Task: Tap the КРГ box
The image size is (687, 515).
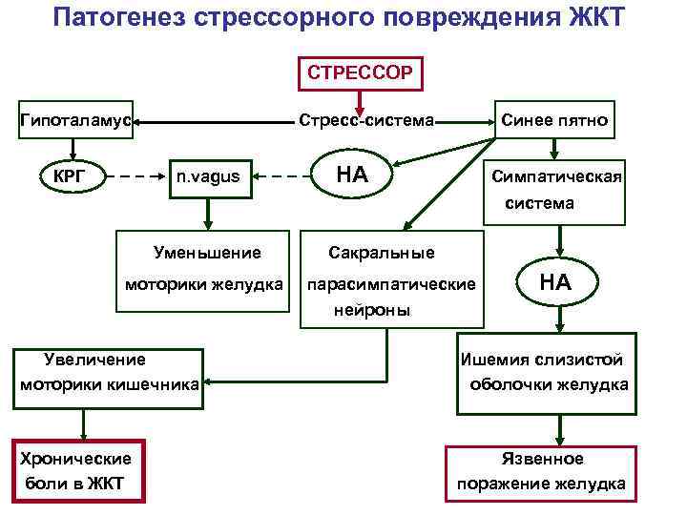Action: point(69,175)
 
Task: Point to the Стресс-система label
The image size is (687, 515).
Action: point(366,122)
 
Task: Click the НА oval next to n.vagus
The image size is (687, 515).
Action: point(352,175)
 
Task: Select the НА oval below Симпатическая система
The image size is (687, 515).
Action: point(555,282)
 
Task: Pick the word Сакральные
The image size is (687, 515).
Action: point(381,254)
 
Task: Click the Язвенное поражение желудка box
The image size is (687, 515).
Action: point(541,471)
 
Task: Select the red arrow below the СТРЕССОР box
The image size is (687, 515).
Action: point(358,100)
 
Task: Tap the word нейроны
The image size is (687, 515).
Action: point(372,311)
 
